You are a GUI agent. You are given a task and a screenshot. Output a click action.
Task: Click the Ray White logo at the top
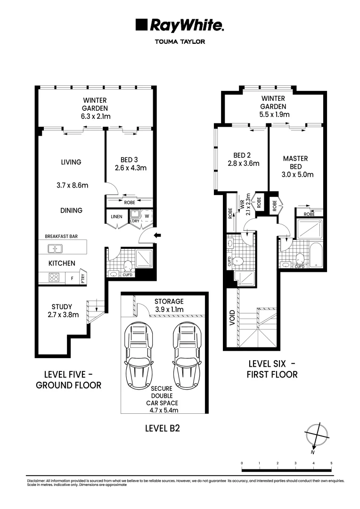pyautogui.click(x=180, y=25)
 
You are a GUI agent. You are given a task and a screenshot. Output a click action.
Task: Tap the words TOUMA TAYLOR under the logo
pyautogui.click(x=180, y=41)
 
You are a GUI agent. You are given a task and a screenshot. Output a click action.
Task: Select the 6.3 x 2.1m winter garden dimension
pyautogui.click(x=95, y=116)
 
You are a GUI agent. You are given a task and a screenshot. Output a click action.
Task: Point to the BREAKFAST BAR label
pyautogui.click(x=61, y=236)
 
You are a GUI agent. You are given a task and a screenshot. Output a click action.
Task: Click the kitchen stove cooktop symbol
pyautogui.click(x=54, y=278)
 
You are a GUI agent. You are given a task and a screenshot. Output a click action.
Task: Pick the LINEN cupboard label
pyautogui.click(x=117, y=217)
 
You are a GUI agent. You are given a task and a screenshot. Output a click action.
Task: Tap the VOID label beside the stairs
pyautogui.click(x=232, y=318)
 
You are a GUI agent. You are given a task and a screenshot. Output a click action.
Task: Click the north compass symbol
pyautogui.click(x=315, y=435)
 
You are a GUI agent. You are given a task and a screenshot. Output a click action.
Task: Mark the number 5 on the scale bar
pyautogui.click(x=331, y=463)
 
